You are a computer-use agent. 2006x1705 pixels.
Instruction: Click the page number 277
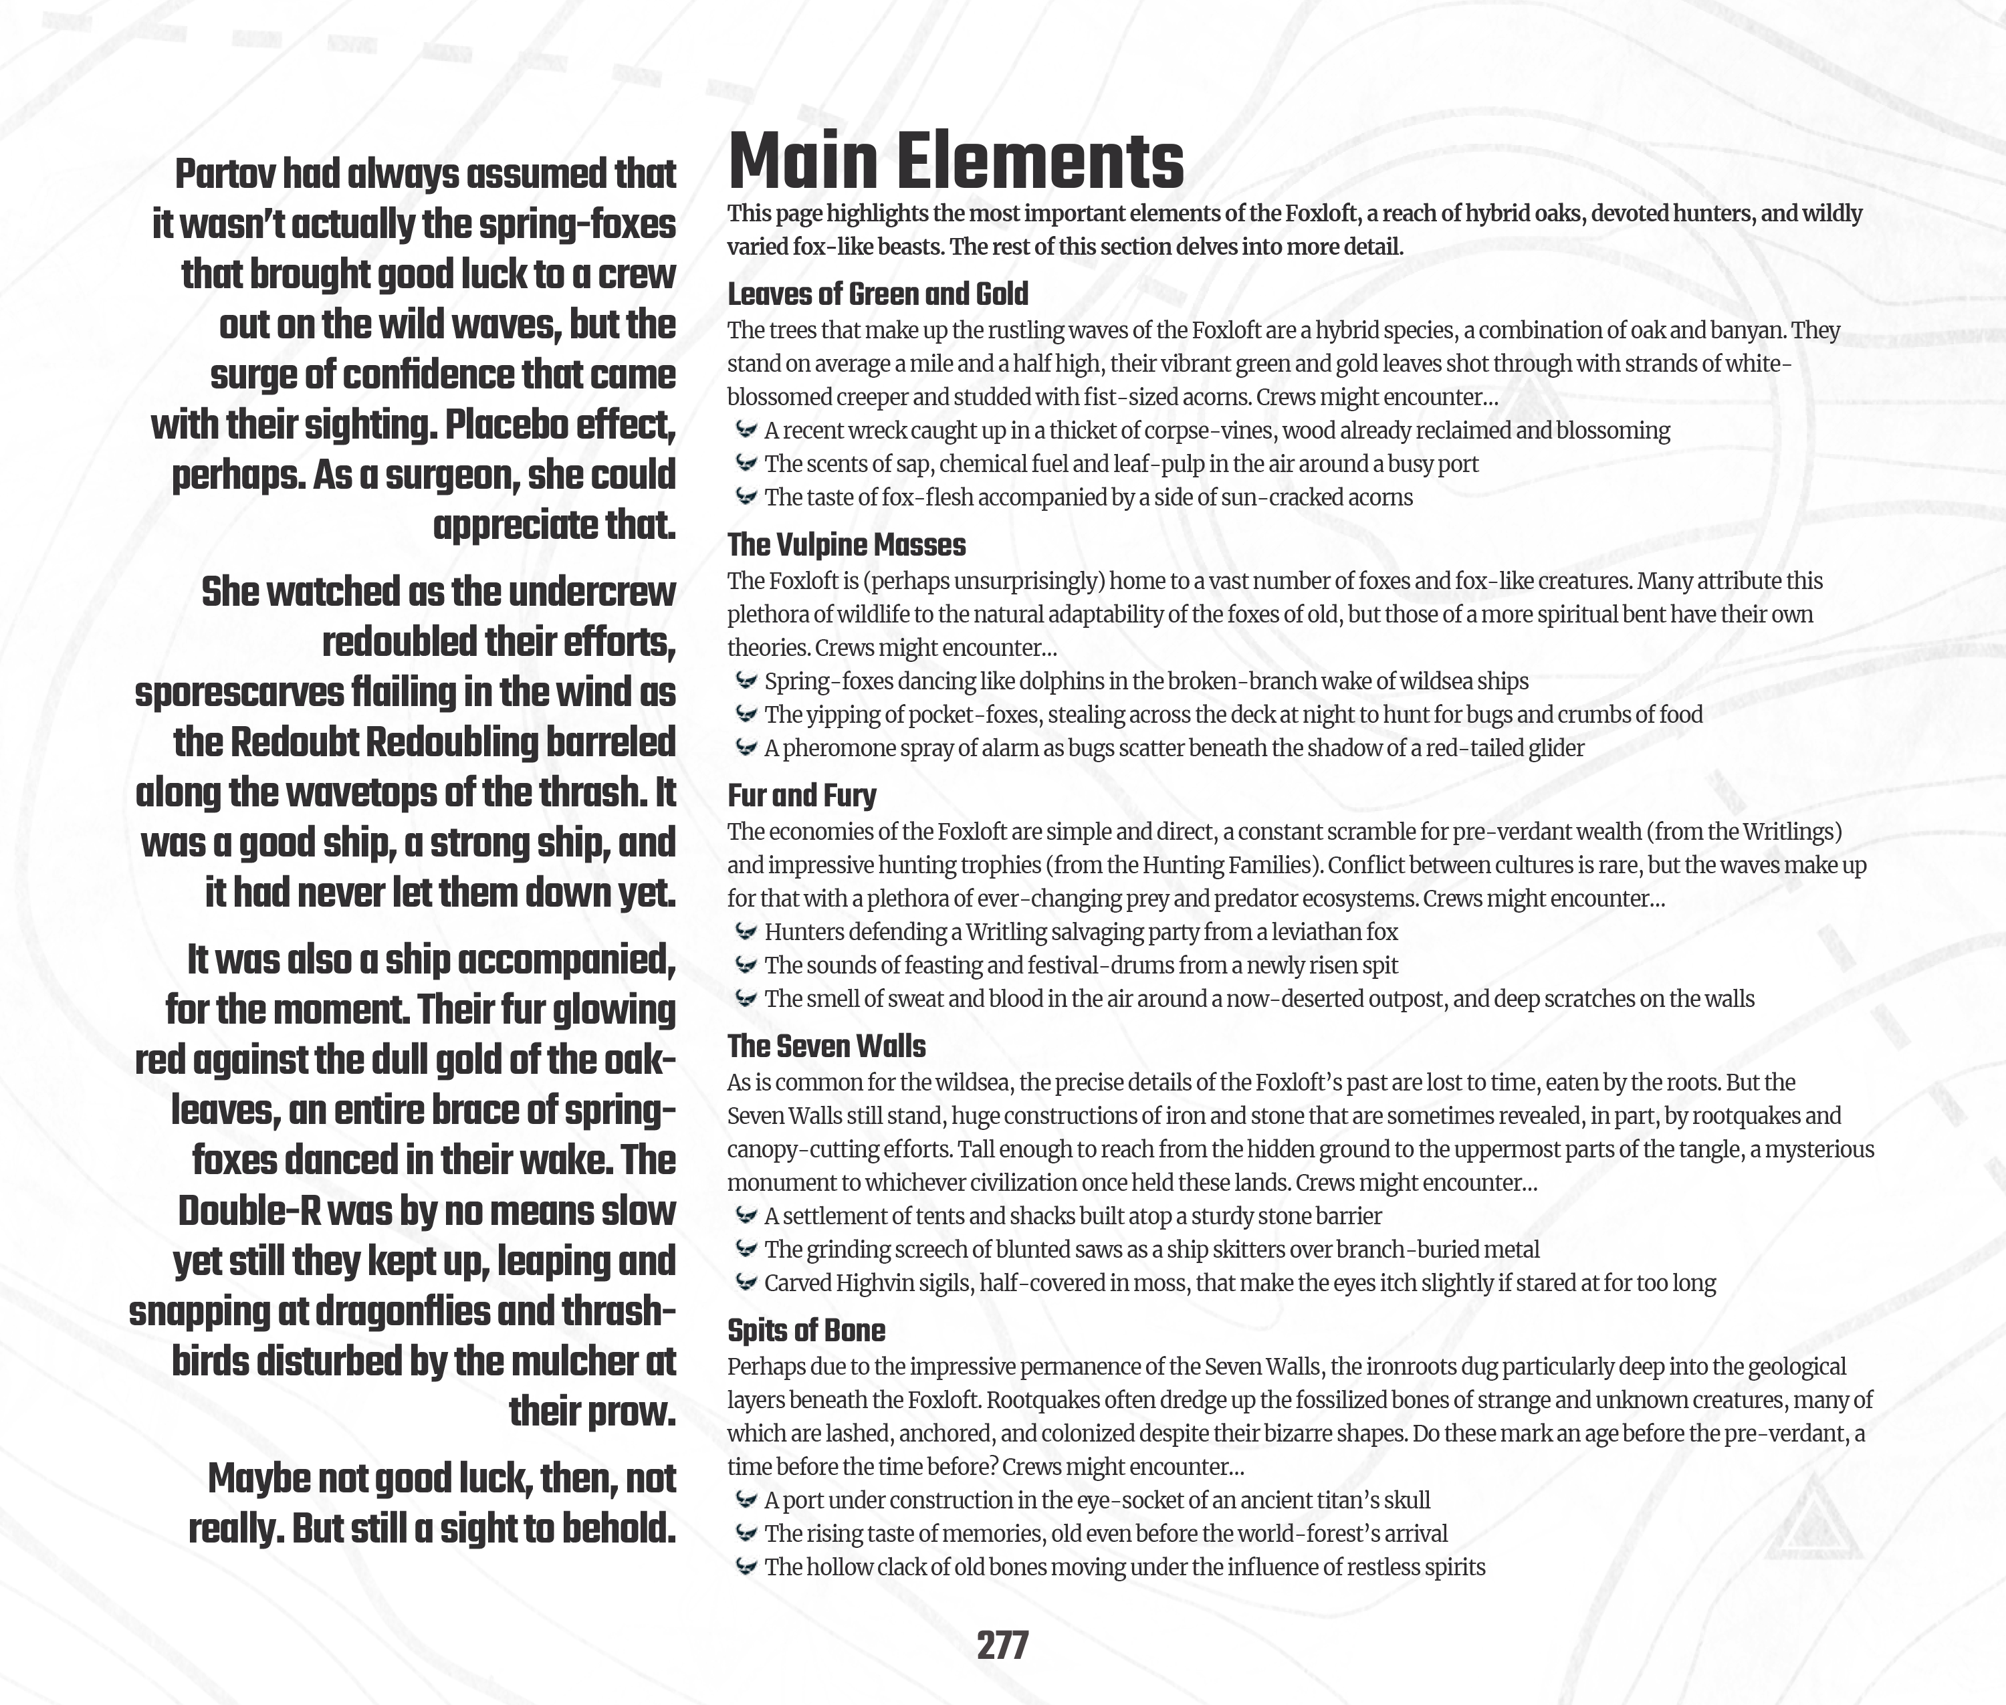point(1002,1644)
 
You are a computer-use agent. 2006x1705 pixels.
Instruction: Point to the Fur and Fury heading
point(802,796)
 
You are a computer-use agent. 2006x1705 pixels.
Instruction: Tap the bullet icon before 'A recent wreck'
point(746,430)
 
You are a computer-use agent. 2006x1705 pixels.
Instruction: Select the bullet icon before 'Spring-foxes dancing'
point(746,681)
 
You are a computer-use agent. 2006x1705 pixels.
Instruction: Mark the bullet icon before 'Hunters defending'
point(746,932)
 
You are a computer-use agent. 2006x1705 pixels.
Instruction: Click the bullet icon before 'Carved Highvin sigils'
point(746,1282)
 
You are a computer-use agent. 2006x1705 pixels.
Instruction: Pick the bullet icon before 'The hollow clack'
point(746,1567)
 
